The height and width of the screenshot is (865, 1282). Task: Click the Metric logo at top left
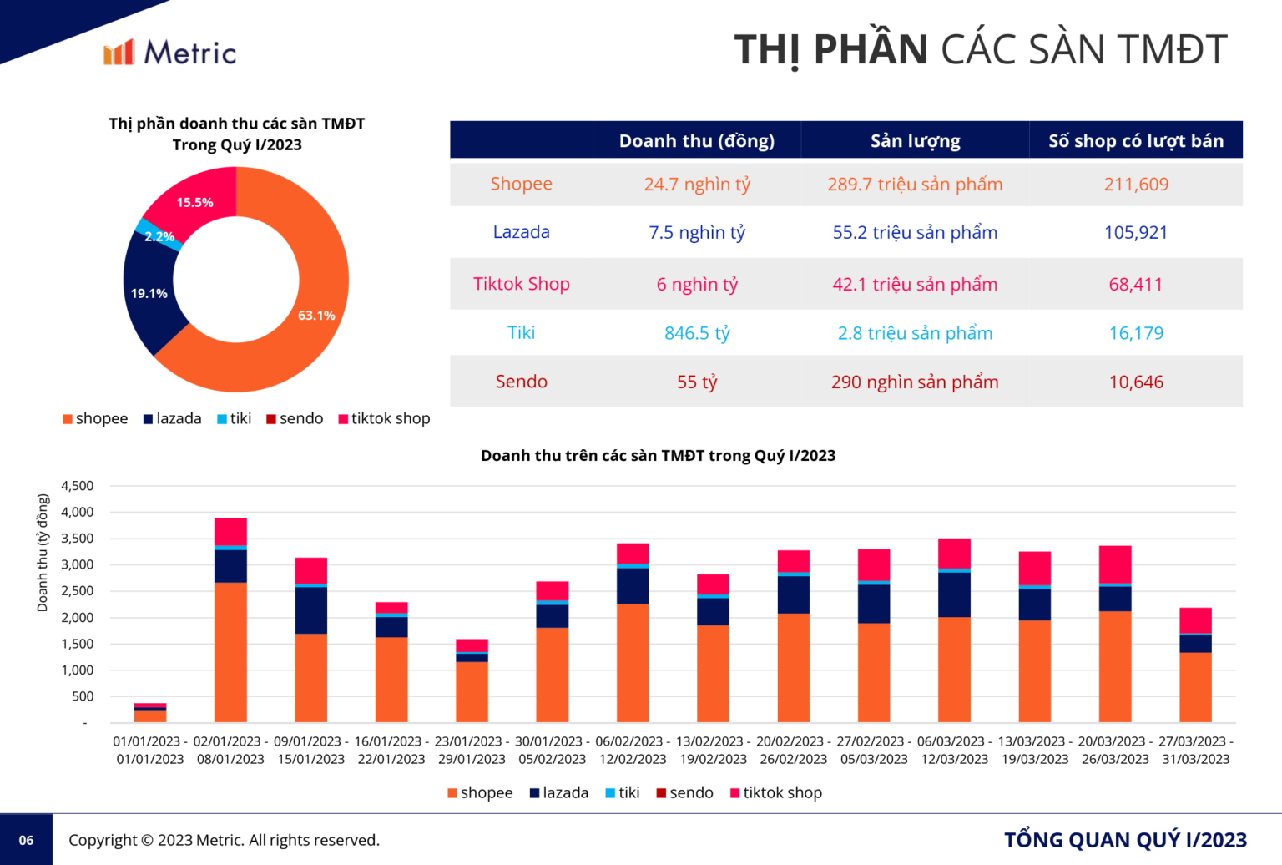coord(169,53)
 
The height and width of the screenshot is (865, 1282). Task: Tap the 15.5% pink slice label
coord(194,202)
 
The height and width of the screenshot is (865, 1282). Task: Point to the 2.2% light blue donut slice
coord(158,236)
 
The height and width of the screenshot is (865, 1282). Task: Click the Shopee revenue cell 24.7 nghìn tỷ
coord(697,185)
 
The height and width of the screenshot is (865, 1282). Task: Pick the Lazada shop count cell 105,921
coord(1135,233)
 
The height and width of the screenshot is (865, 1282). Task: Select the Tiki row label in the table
coord(521,333)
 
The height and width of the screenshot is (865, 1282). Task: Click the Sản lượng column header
coord(915,141)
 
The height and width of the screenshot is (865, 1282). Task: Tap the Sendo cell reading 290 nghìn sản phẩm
coord(915,382)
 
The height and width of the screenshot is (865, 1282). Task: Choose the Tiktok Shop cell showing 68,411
coord(1135,285)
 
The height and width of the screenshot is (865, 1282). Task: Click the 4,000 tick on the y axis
coord(78,512)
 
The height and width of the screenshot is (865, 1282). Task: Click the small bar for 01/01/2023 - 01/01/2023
coord(150,715)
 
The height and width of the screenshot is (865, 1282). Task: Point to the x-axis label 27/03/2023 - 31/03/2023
coord(1195,750)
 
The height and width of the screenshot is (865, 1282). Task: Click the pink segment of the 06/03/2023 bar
coord(954,553)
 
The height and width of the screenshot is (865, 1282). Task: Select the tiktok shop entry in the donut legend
coord(384,418)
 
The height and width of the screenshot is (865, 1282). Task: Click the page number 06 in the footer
coord(26,840)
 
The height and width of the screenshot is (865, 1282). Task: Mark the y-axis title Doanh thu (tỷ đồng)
coord(43,553)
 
